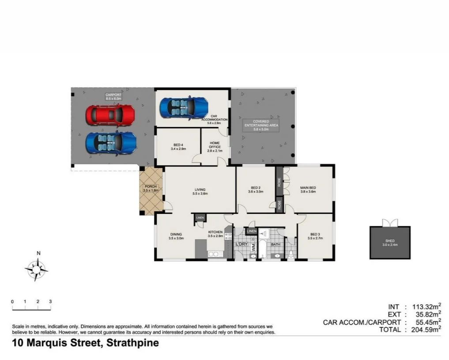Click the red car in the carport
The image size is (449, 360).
click(x=110, y=116)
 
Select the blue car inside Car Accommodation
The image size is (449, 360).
click(x=184, y=107)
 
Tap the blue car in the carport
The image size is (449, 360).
click(x=111, y=142)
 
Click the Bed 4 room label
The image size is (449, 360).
click(x=178, y=147)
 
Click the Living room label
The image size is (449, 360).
click(x=200, y=192)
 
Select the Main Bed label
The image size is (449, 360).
click(x=308, y=190)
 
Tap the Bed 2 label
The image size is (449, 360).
click(x=256, y=190)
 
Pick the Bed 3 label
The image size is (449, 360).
click(x=315, y=236)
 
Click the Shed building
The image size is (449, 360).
click(x=390, y=242)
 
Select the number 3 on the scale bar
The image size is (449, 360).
click(x=50, y=302)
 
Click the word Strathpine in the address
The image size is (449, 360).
click(x=132, y=343)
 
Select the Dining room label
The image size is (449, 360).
click(x=175, y=236)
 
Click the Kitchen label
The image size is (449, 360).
click(x=215, y=234)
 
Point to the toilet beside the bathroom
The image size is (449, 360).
click(x=291, y=254)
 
